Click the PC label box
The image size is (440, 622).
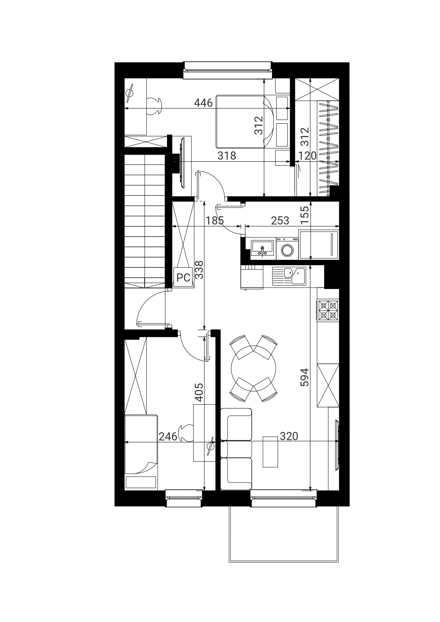(x=183, y=277)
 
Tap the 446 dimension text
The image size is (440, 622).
(x=204, y=103)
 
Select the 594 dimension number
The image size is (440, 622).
(x=305, y=378)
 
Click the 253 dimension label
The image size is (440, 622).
(x=280, y=221)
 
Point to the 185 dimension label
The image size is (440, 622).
(x=215, y=221)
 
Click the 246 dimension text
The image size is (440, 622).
(x=168, y=437)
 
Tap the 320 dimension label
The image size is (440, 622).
(x=289, y=436)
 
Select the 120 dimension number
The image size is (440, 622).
(x=308, y=156)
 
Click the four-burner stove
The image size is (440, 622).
(x=328, y=310)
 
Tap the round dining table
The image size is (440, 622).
(x=253, y=367)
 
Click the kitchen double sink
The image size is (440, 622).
(x=289, y=276)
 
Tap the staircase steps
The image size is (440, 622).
(x=145, y=221)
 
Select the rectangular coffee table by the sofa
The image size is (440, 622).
(x=270, y=451)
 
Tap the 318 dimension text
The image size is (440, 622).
(x=227, y=156)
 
